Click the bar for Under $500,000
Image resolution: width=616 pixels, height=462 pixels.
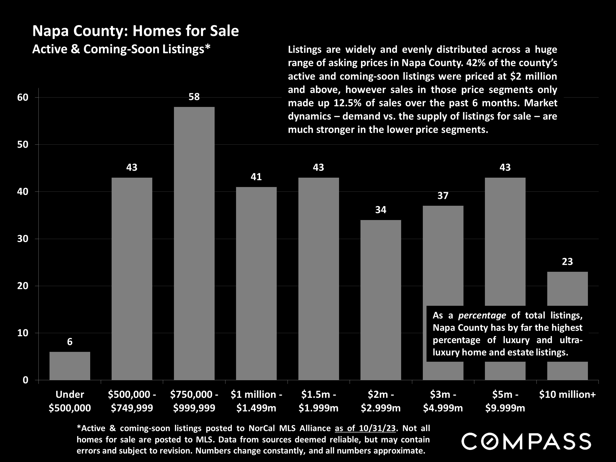point(70,366)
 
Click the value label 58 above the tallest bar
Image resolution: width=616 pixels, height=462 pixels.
point(194,97)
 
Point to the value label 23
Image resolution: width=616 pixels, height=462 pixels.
point(567,262)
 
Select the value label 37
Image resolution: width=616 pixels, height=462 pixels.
point(443,196)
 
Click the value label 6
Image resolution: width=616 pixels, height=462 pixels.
point(70,342)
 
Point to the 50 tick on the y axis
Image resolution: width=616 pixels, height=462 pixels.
point(23,145)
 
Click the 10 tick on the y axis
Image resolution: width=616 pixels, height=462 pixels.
point(23,333)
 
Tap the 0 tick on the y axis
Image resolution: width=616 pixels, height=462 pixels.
point(25,380)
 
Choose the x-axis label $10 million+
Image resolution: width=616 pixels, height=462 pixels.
point(567,394)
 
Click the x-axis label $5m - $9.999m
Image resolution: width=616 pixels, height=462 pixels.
point(505,401)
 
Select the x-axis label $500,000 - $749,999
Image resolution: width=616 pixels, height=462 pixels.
point(132,401)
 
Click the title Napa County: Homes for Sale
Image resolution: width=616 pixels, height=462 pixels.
point(136,31)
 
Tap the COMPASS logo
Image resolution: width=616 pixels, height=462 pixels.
point(526,441)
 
